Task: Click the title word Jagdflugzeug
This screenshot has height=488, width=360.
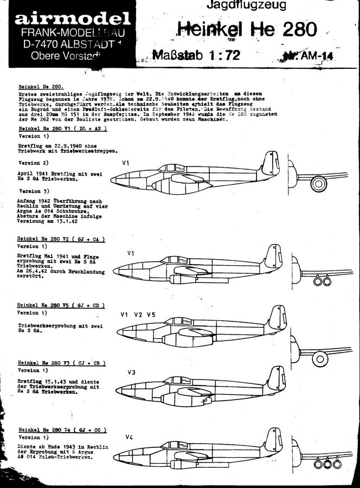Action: pyautogui.click(x=234, y=5)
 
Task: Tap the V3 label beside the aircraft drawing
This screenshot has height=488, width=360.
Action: pyautogui.click(x=131, y=373)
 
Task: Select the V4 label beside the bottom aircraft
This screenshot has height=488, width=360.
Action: pyautogui.click(x=129, y=438)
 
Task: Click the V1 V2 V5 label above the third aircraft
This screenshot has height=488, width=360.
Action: pyautogui.click(x=138, y=315)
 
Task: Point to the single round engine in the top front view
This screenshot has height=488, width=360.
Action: pyautogui.click(x=316, y=185)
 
